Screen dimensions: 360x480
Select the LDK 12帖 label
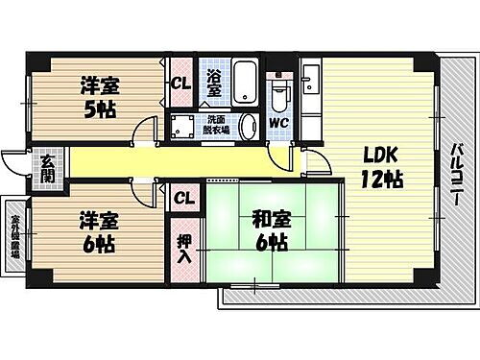[x=381, y=165]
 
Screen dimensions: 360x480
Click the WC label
[x=278, y=123]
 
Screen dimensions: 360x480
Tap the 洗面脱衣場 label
[x=211, y=125]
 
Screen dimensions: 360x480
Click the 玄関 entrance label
[x=46, y=169]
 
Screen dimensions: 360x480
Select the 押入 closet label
[x=184, y=248]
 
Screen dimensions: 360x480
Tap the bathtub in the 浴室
[x=242, y=84]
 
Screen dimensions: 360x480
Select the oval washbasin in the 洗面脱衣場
[x=247, y=127]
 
